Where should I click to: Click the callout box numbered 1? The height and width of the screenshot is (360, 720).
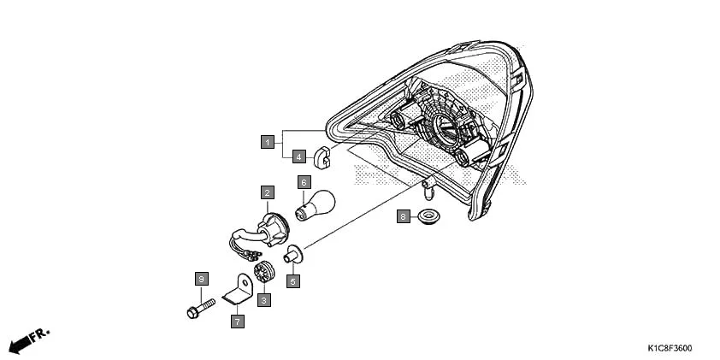(x=268, y=141)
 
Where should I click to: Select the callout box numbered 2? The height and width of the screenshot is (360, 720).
(x=268, y=193)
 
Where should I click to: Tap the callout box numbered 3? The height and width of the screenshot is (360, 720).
(x=264, y=300)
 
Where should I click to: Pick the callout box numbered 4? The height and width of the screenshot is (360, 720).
(x=298, y=156)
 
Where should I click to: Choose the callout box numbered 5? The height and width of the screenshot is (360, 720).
(x=292, y=280)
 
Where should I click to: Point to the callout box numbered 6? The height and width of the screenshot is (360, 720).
(x=303, y=182)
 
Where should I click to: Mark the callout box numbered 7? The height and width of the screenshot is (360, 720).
(x=236, y=322)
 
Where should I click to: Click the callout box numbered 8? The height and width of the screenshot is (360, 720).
(x=403, y=217)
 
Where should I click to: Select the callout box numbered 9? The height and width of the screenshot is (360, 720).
(x=201, y=280)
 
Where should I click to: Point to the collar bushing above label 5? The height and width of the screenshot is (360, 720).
(x=293, y=255)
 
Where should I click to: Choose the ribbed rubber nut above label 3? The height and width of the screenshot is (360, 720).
(x=265, y=272)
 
